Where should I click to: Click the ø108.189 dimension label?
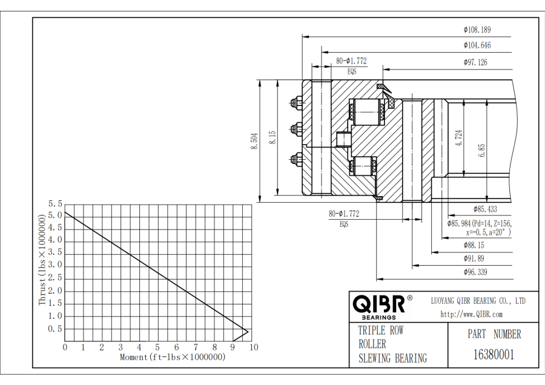(x=477, y=29)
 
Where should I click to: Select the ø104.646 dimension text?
(x=477, y=45)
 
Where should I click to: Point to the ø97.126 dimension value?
(x=475, y=62)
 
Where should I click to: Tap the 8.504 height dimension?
(x=255, y=141)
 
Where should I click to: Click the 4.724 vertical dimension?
(x=459, y=139)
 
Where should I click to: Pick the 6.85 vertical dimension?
(x=481, y=150)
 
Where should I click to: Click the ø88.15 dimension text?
(x=474, y=245)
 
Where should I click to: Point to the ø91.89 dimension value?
(x=474, y=258)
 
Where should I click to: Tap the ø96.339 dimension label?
(x=475, y=272)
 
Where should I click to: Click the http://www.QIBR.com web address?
(x=471, y=314)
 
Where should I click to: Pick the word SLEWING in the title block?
(x=375, y=358)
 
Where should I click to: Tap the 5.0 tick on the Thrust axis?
(x=55, y=215)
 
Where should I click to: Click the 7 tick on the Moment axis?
(x=194, y=347)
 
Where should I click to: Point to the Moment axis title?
(x=173, y=357)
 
